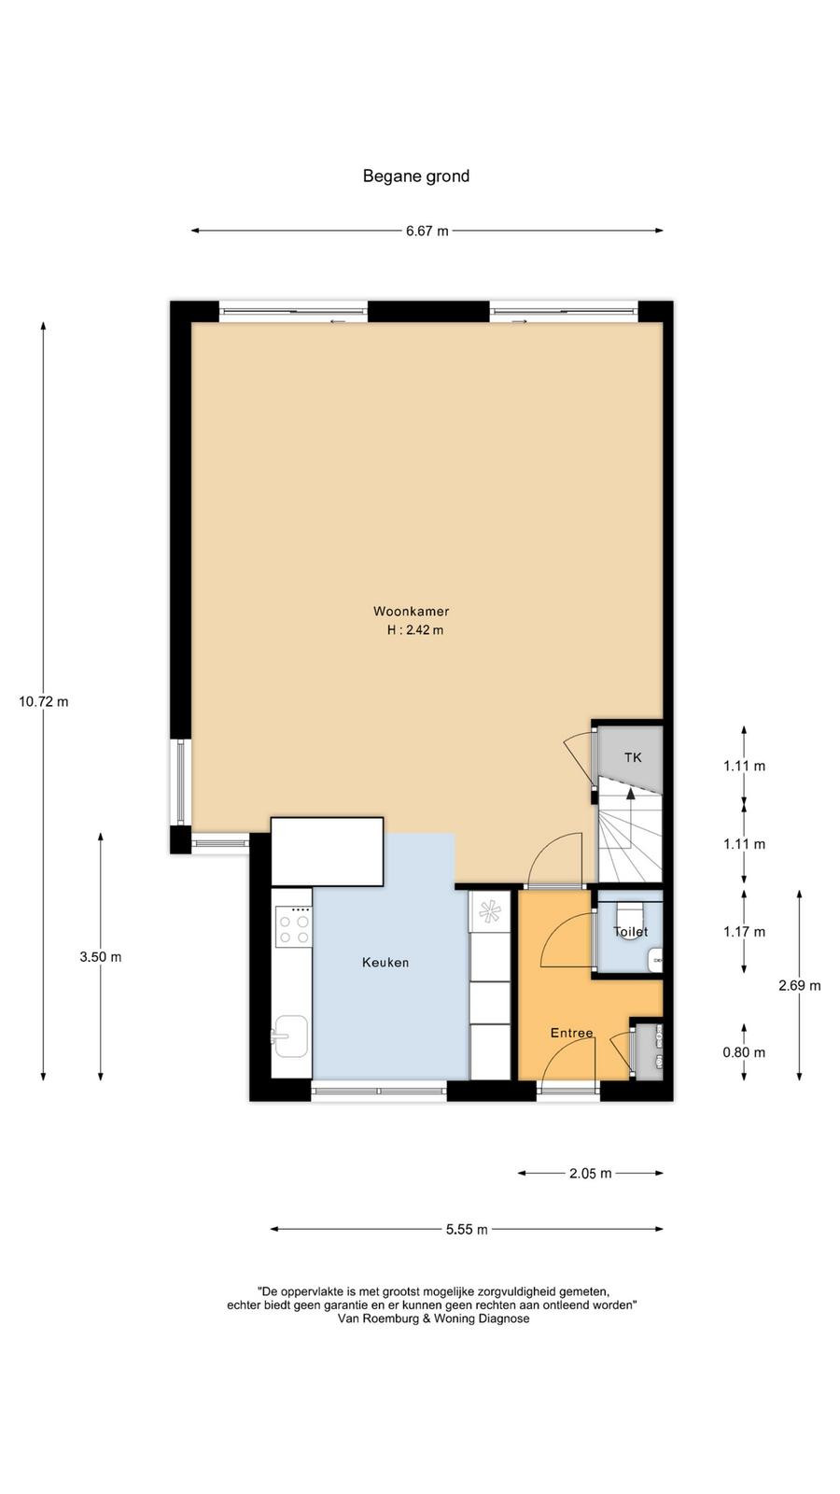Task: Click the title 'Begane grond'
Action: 416,176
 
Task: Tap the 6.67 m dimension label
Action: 427,231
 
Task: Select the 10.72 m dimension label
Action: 43,701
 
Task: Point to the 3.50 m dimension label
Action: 101,956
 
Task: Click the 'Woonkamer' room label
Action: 412,611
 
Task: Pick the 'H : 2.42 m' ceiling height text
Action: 415,629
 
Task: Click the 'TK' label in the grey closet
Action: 633,757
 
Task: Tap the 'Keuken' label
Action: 385,963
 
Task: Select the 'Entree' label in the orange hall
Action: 571,1033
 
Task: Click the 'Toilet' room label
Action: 630,932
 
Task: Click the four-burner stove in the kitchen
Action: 294,926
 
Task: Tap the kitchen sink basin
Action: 291,1036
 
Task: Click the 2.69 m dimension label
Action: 799,985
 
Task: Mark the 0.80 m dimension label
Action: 744,1052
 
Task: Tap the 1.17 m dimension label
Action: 744,932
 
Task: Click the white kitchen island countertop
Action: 327,852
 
